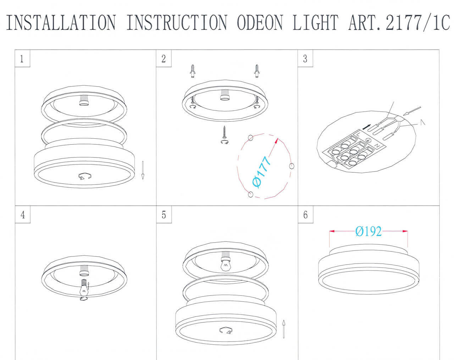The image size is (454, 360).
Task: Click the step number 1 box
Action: click(22, 59)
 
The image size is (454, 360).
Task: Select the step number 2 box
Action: click(164, 59)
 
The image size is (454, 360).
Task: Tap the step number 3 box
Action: click(305, 59)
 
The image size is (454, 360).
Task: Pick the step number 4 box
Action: click(22, 215)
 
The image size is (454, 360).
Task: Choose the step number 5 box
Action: click(164, 215)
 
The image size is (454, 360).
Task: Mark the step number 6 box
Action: click(305, 215)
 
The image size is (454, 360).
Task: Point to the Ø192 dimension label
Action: click(369, 232)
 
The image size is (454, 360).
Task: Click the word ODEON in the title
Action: click(260, 23)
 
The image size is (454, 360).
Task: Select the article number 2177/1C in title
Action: click(417, 23)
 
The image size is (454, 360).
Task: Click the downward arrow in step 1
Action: click(143, 170)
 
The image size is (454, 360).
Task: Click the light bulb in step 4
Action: click(84, 287)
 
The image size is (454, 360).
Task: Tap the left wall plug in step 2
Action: click(192, 71)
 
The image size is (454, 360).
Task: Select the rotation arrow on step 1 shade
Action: click(85, 176)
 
